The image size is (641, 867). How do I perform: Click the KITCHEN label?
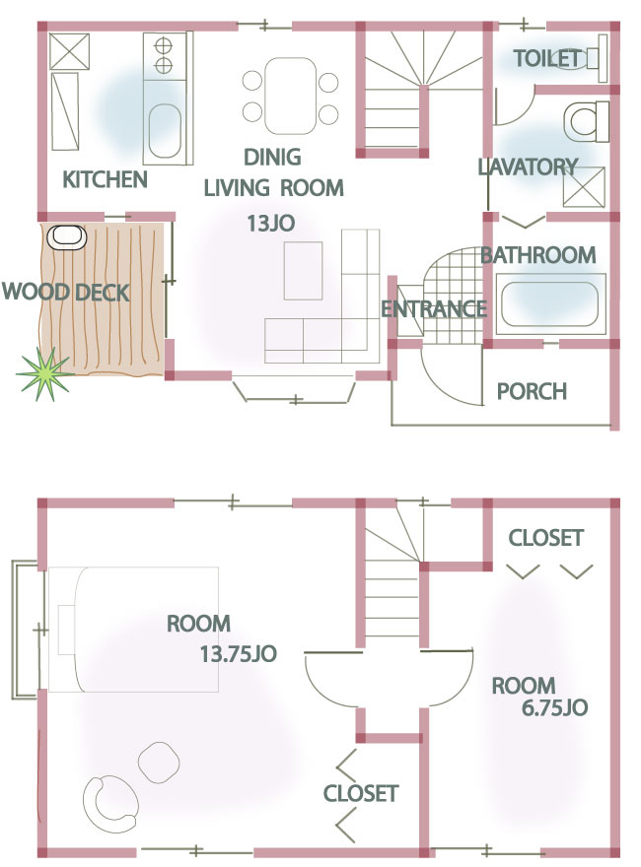(105, 179)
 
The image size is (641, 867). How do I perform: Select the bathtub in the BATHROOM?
(551, 304)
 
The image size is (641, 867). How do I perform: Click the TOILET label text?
(546, 58)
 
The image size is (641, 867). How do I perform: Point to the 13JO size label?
(270, 224)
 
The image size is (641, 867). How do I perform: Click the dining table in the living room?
(291, 97)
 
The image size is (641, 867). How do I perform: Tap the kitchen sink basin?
(165, 130)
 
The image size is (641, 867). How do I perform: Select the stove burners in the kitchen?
(164, 55)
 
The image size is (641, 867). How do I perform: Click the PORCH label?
(532, 391)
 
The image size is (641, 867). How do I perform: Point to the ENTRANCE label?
(434, 309)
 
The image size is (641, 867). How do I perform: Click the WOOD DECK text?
(66, 292)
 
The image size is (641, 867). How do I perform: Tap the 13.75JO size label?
(238, 654)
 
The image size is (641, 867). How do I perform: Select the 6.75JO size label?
(554, 707)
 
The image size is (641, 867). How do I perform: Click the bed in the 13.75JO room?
(133, 630)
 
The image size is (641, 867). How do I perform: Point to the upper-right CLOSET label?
(545, 538)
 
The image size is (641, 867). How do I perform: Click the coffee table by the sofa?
(304, 270)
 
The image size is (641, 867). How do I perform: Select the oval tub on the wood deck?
(67, 237)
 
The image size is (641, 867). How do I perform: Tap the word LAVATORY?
(528, 167)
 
